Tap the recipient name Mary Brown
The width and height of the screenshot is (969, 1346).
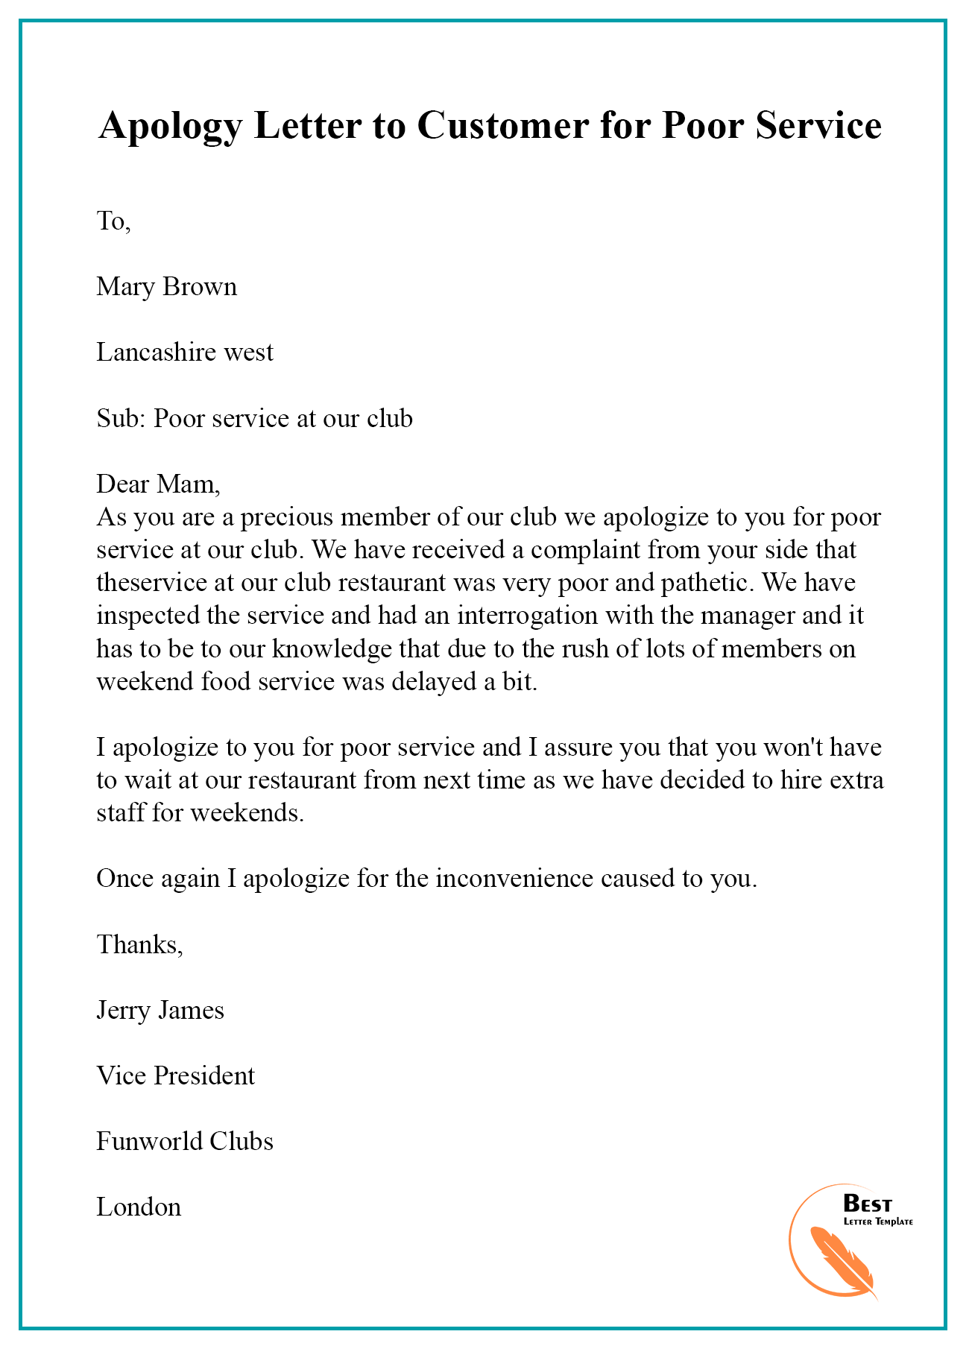166,286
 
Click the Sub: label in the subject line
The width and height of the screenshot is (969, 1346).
121,418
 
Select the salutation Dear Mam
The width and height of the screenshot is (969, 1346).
157,484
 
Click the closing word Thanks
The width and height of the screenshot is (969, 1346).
139,944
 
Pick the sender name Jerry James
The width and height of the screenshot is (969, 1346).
160,1010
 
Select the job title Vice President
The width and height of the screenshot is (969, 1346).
175,1075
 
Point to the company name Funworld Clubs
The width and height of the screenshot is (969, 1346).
184,1141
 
